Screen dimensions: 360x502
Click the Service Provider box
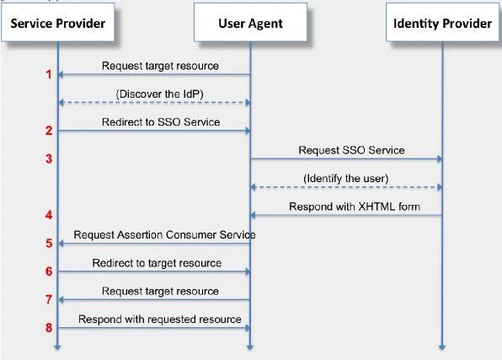point(56,23)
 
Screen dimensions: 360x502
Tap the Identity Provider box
point(442,23)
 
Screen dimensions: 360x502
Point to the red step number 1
point(49,75)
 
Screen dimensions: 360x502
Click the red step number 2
point(49,131)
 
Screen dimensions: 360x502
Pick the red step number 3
point(49,159)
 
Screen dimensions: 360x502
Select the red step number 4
point(49,215)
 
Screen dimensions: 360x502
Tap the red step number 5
point(49,244)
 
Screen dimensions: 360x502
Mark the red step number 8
point(49,328)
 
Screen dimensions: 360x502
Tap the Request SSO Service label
point(351,150)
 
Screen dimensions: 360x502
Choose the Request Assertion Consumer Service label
point(164,234)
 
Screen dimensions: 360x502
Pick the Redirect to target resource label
point(157,263)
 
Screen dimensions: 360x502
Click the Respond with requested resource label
point(160,320)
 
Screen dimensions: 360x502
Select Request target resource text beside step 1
point(160,65)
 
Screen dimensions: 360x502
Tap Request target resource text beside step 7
point(160,291)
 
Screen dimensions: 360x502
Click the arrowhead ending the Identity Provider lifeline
point(441,346)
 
